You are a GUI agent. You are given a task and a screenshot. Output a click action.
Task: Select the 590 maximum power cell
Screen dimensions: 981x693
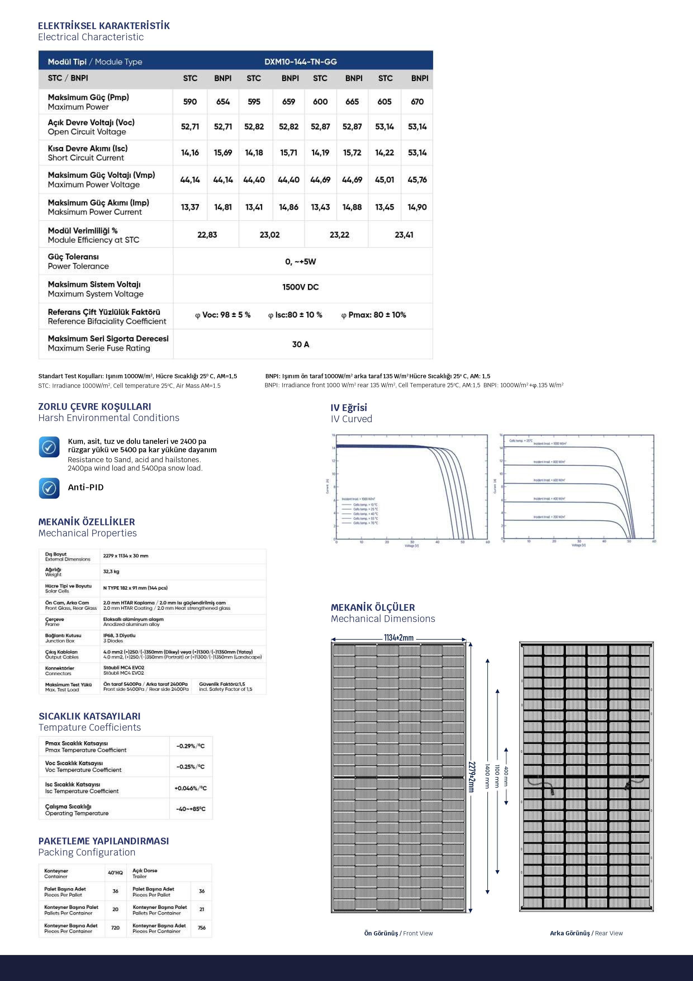[x=190, y=102]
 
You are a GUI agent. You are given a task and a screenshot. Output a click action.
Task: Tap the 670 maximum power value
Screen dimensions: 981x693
[x=417, y=102]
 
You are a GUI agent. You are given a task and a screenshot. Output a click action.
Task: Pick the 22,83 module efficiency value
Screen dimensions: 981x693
[x=207, y=235]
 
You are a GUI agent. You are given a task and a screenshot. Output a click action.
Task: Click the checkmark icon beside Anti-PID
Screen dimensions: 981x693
[x=49, y=488]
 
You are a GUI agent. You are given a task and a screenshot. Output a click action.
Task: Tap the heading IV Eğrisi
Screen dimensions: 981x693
[x=348, y=408]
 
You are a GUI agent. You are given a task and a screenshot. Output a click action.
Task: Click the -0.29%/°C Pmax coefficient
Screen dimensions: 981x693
[x=191, y=746]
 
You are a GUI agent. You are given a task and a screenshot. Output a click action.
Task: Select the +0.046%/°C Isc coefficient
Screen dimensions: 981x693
[x=191, y=788]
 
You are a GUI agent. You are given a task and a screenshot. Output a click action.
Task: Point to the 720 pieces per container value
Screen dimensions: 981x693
[x=115, y=928]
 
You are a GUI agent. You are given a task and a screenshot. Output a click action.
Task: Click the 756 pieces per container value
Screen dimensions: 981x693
[x=201, y=928]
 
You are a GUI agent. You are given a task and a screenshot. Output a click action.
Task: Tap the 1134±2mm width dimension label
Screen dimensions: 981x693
[x=398, y=638]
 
